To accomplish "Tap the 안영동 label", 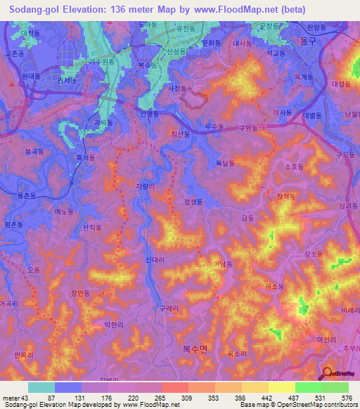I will [x=150, y=113].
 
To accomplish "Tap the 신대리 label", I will [x=155, y=260].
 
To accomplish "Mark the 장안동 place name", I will [x=81, y=294].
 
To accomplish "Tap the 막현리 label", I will [x=113, y=325].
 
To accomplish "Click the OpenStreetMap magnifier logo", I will [x=328, y=374].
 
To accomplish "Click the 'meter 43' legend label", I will [x=16, y=398].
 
